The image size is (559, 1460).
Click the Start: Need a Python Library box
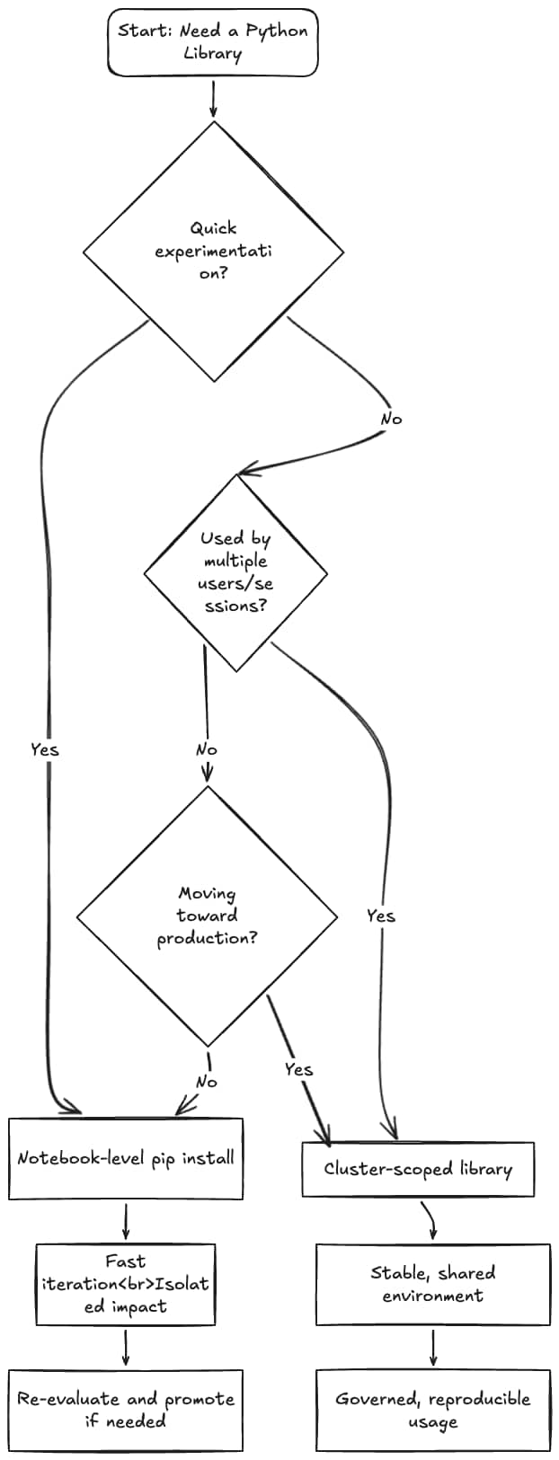tap(213, 42)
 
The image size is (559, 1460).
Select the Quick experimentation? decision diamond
tap(213, 252)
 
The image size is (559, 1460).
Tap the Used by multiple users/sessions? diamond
tap(235, 572)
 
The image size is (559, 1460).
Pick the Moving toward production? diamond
tap(208, 916)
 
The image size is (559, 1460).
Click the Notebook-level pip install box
tap(126, 1158)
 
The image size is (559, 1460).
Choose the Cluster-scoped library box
tap(418, 1169)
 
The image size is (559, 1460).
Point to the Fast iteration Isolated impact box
tap(126, 1284)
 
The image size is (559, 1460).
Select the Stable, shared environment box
tap(432, 1284)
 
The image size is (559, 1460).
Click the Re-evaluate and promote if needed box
tap(126, 1410)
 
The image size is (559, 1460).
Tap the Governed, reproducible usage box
tap(432, 1410)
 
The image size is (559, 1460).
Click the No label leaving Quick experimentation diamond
tap(391, 419)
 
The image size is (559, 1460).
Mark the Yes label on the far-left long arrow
tap(44, 749)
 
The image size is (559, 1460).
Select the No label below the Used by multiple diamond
tap(206, 749)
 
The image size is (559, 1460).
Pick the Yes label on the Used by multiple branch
tap(380, 916)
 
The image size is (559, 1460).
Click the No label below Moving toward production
tap(206, 1082)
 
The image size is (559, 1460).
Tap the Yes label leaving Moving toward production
tap(298, 1069)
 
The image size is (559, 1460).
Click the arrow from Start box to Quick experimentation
tap(213, 99)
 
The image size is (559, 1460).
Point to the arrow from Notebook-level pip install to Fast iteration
tap(126, 1221)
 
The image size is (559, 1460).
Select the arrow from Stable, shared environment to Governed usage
tap(433, 1347)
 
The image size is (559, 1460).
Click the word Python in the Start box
tap(277, 31)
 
